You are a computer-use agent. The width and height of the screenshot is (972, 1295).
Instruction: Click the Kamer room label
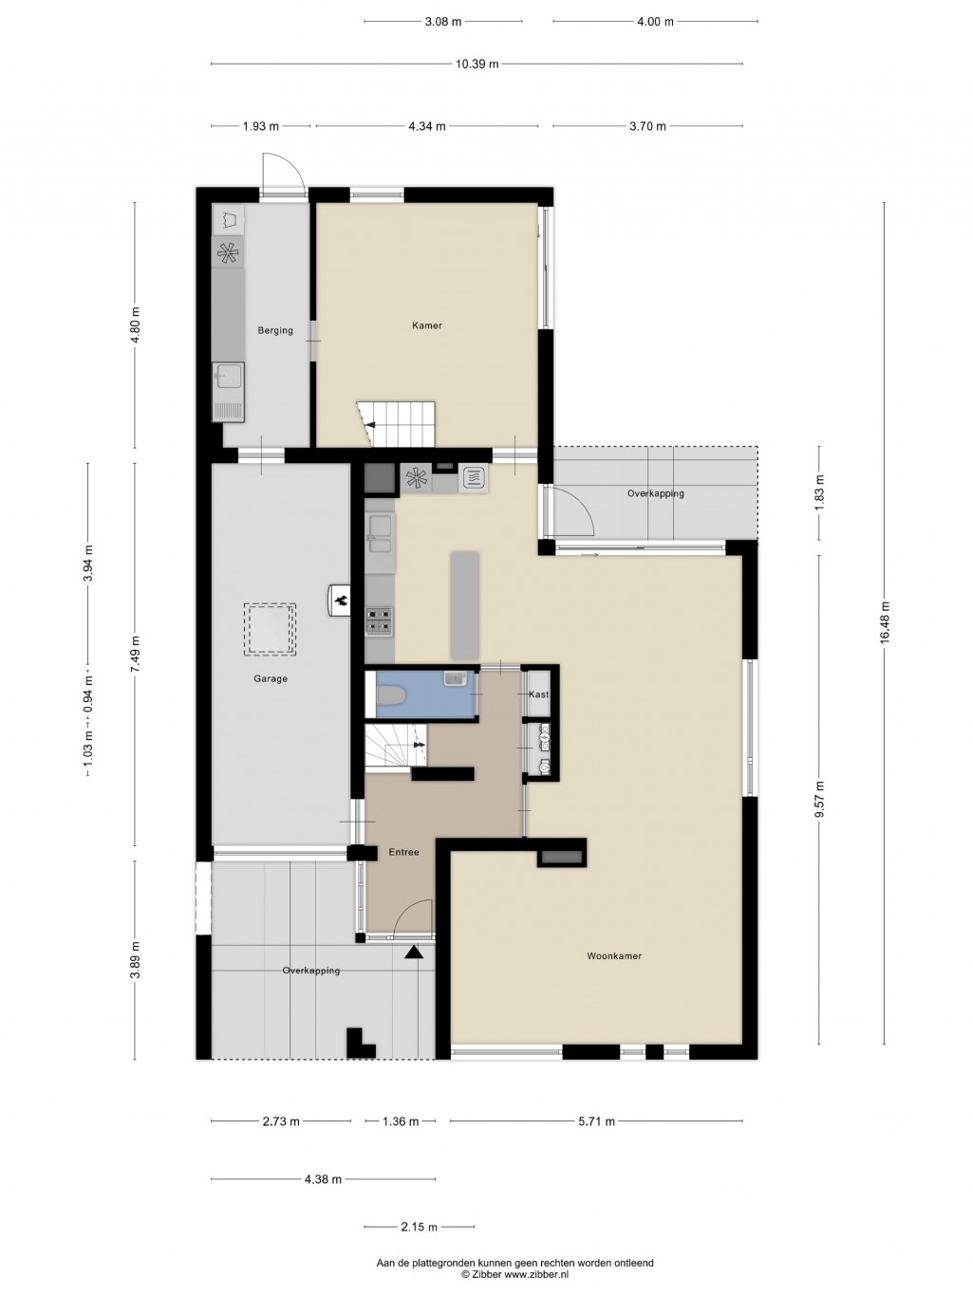(427, 325)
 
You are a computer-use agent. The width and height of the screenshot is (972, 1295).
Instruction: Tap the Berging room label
(275, 330)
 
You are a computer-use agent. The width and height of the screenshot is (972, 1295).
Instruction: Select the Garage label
(271, 678)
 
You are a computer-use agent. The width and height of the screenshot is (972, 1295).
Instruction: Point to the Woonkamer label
(614, 955)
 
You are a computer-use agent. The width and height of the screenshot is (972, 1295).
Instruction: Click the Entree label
(403, 852)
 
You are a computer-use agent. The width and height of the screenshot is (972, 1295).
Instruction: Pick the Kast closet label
(538, 694)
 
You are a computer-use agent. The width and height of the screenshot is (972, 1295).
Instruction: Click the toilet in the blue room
(388, 696)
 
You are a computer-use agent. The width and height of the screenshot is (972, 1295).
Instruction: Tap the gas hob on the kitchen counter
(380, 621)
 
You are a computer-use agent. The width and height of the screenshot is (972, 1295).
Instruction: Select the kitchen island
(465, 605)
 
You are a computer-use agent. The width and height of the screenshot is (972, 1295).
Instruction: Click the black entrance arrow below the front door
(414, 952)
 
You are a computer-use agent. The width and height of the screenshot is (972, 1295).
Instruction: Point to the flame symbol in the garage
(340, 601)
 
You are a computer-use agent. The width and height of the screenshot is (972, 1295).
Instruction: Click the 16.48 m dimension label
(884, 621)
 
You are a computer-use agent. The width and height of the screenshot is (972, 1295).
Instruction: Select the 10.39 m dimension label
(477, 64)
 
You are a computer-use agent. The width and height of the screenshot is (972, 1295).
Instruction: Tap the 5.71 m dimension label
(596, 1121)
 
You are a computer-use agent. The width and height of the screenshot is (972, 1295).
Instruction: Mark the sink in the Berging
(228, 377)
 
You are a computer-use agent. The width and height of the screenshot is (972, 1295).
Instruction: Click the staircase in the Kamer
(396, 425)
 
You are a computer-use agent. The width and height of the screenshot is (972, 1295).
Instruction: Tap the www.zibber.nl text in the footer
(536, 1275)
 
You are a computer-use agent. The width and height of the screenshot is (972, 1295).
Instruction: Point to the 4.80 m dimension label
(135, 325)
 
